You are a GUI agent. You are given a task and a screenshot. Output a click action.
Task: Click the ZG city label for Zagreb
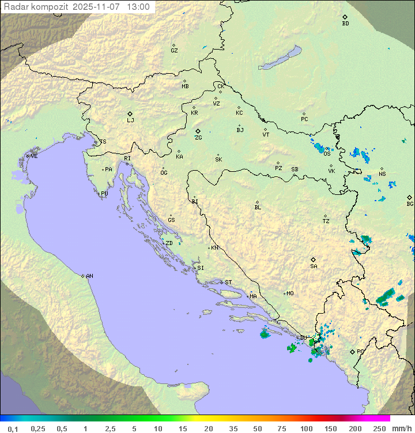(x=198, y=138)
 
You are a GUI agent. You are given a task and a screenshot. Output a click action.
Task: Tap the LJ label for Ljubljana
(x=130, y=121)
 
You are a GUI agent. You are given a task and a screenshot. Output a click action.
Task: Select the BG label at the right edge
(x=410, y=204)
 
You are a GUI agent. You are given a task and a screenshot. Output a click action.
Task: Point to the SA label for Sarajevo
(x=314, y=266)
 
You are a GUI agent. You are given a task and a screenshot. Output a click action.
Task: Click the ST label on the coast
(x=228, y=283)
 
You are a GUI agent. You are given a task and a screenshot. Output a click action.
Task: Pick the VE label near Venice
(x=34, y=156)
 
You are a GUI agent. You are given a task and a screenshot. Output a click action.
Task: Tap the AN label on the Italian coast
(x=89, y=276)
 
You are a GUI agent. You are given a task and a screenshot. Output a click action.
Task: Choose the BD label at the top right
(x=345, y=24)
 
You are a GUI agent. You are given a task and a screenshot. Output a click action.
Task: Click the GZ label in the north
(x=174, y=51)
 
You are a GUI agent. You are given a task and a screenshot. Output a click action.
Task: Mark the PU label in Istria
(x=104, y=194)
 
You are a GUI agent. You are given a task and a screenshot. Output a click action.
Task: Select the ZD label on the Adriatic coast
(x=169, y=243)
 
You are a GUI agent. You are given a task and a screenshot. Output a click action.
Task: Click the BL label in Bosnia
(x=258, y=208)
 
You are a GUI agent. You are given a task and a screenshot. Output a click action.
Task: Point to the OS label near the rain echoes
(x=327, y=154)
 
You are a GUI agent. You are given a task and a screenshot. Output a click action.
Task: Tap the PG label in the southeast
(x=360, y=351)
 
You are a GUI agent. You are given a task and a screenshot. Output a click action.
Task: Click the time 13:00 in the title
(x=139, y=7)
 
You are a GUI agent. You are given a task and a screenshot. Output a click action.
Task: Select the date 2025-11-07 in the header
(x=97, y=7)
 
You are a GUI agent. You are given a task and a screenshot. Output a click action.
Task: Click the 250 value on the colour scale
(x=379, y=428)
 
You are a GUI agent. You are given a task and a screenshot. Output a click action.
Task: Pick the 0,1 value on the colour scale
(x=13, y=428)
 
